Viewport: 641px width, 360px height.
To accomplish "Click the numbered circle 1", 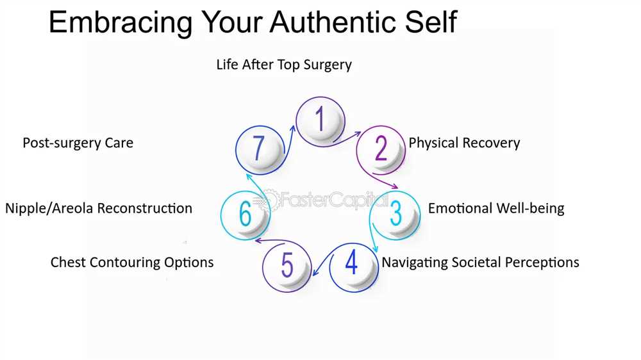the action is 320,121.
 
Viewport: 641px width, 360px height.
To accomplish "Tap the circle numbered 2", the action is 381,150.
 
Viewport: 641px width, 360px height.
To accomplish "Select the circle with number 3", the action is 395,215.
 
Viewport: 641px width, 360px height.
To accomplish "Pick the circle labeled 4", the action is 354,267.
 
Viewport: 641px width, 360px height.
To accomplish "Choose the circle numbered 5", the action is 287,266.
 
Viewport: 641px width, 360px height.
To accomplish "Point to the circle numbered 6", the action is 246,215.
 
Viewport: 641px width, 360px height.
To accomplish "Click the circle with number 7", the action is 260,150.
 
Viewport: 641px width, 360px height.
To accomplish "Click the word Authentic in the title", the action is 334,22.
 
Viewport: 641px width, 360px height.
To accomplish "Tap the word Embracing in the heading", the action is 121,23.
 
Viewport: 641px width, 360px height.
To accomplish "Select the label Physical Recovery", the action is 464,143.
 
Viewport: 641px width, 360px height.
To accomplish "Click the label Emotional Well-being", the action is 496,208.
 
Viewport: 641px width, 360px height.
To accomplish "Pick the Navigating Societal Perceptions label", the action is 480,263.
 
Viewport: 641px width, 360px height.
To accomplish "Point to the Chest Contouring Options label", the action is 132,263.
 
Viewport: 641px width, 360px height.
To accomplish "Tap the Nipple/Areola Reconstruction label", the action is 99,208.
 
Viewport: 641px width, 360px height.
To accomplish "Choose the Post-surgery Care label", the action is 78,143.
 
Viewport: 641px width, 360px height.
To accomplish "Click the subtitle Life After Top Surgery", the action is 284,65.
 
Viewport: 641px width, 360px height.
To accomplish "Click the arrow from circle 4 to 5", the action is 322,263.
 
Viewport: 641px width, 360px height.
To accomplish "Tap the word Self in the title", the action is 431,22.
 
